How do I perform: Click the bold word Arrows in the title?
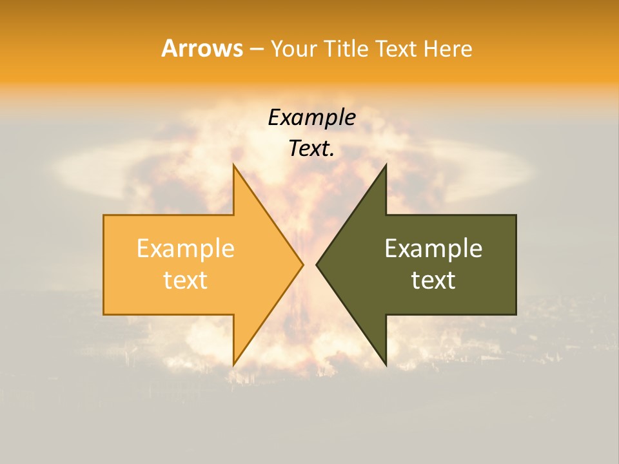click(202, 48)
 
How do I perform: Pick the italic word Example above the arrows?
click(311, 117)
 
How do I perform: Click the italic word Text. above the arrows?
click(311, 149)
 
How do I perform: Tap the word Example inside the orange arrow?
click(186, 249)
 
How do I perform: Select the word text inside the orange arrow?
click(186, 280)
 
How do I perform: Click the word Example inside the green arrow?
click(433, 249)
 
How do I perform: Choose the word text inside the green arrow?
click(433, 280)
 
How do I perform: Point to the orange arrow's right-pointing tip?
click(302, 264)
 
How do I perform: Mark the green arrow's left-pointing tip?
click(317, 264)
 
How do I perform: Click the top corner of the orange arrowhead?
click(234, 165)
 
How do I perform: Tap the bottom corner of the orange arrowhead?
click(234, 365)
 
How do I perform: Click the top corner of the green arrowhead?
click(386, 165)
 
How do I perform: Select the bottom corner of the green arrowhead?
click(386, 365)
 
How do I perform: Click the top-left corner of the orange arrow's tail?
click(104, 215)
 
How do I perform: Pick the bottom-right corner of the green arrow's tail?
click(516, 314)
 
